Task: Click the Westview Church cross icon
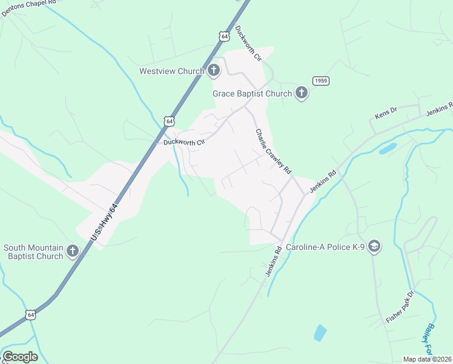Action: coord(213,72)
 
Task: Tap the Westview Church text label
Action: coord(171,72)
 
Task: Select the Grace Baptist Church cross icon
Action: coord(302,93)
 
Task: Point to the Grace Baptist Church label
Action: coord(252,94)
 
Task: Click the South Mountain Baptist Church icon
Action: coord(73,251)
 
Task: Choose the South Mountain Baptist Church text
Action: coord(33,252)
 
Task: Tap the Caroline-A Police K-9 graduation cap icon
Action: coord(374,246)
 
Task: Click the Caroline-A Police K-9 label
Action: coord(325,248)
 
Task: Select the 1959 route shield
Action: coord(321,81)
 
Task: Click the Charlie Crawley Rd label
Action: coord(273,152)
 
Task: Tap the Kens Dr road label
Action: coord(385,112)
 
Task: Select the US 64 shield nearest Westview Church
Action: coord(224,37)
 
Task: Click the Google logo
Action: coord(20,357)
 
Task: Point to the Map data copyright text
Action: coord(428,359)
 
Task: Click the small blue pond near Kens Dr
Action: coord(388,148)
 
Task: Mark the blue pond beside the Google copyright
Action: coord(320,332)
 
